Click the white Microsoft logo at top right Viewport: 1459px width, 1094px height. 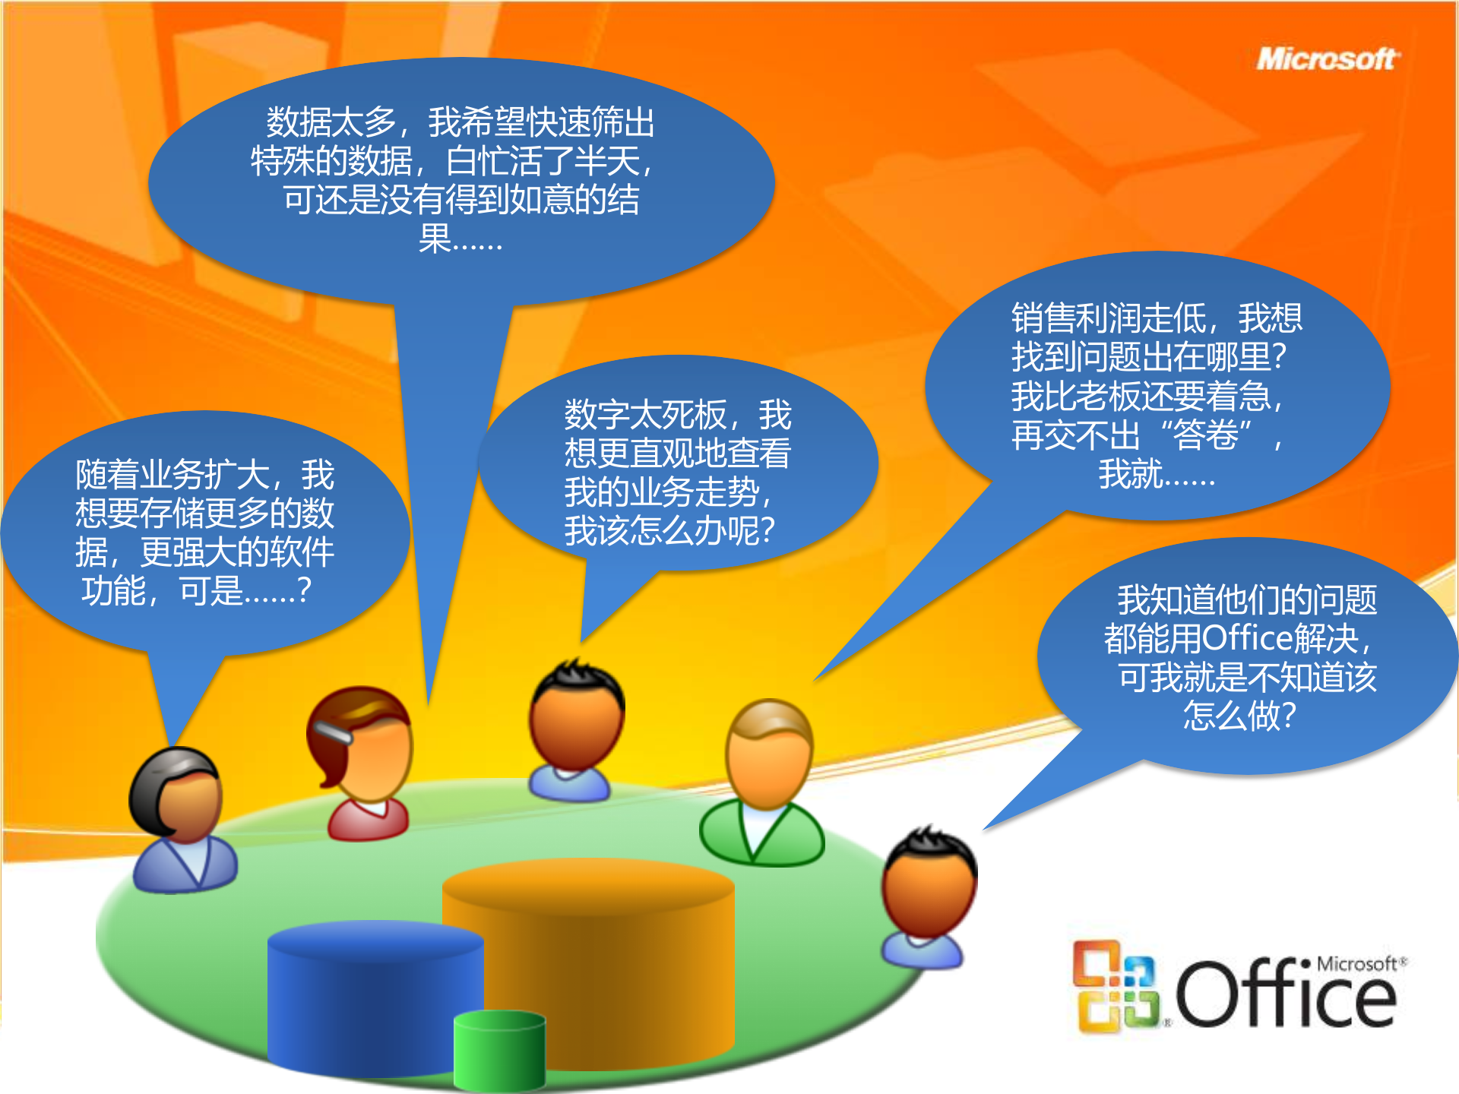pyautogui.click(x=1327, y=59)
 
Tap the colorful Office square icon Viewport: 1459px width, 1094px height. pyautogui.click(x=1116, y=986)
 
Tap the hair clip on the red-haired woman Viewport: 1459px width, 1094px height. pyautogui.click(x=332, y=731)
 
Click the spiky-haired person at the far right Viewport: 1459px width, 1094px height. pyautogui.click(x=927, y=896)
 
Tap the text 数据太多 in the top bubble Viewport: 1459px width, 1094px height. pyautogui.click(x=331, y=122)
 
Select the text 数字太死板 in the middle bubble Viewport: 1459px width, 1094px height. pyautogui.click(x=645, y=415)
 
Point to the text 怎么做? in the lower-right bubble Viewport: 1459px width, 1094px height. pyautogui.click(x=1239, y=716)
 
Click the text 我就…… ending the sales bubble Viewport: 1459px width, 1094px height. pyautogui.click(x=1157, y=474)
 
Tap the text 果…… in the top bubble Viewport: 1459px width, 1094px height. pyautogui.click(x=460, y=239)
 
